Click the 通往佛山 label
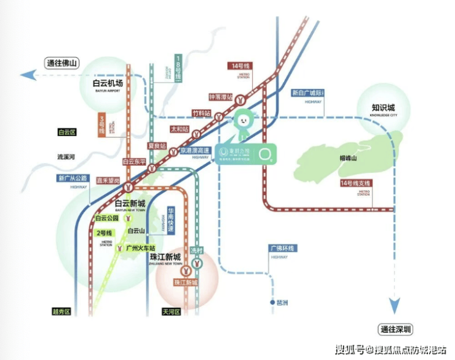pyautogui.click(x=61, y=62)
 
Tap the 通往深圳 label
pyautogui.click(x=396, y=329)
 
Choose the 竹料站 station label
pyautogui.click(x=201, y=113)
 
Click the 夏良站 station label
pyautogui.click(x=157, y=145)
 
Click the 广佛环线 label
pyautogui.click(x=282, y=248)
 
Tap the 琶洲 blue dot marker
pyautogui.click(x=271, y=303)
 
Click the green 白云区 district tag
pyautogui.click(x=65, y=132)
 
